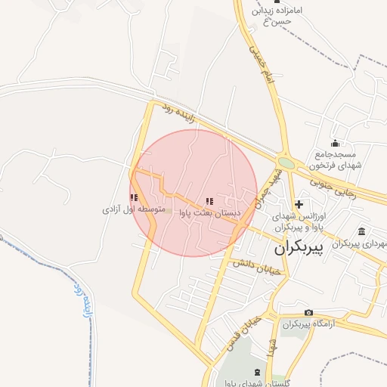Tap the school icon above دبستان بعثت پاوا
[x=209, y=202]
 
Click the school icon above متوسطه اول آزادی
[x=134, y=197]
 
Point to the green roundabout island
[x=286, y=163]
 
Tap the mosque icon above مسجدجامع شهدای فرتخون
[x=336, y=144]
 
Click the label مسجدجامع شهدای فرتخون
[x=336, y=160]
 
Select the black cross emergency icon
[x=299, y=203]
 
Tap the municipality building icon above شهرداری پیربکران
[x=363, y=231]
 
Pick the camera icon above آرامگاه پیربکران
[x=308, y=313]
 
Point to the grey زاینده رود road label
[x=179, y=118]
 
